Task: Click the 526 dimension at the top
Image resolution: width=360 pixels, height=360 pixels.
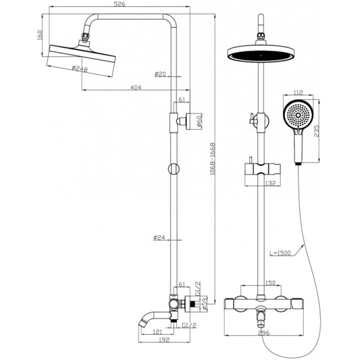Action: pos(119,4)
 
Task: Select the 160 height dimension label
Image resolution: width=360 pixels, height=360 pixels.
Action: pos(40,35)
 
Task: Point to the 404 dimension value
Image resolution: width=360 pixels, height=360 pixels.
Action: pos(135,88)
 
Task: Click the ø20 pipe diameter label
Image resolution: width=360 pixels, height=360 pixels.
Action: pos(160,74)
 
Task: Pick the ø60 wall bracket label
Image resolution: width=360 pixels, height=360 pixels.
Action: pos(200,121)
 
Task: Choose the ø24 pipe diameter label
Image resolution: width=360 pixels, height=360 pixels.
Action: pos(160,237)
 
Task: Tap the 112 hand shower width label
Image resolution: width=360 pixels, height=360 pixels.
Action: pos(298,93)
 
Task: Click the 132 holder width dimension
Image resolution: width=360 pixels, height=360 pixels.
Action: pos(270,183)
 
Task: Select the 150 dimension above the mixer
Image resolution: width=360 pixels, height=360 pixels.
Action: pos(270,283)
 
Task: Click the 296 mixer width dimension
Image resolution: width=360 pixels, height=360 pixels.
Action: pos(264,333)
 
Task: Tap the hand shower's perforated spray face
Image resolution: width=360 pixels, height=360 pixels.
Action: pos(297,115)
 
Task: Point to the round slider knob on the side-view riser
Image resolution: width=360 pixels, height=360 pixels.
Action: pos(173,169)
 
